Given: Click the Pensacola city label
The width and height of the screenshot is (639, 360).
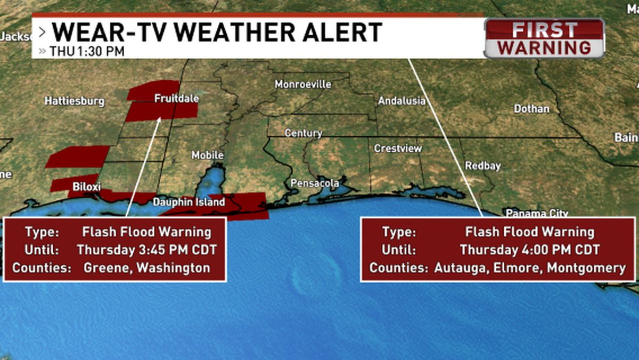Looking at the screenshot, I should tap(314, 183).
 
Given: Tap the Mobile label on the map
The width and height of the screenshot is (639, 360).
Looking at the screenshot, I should tap(207, 155).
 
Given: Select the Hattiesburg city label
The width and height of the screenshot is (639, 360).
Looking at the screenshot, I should tap(74, 101).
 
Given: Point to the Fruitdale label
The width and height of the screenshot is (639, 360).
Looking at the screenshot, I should tap(176, 99).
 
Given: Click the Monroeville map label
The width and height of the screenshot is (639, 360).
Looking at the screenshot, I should tap(302, 84).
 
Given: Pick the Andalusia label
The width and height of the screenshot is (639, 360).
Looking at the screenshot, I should tap(402, 101).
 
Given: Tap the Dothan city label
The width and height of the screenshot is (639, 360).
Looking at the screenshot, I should tap(531, 109).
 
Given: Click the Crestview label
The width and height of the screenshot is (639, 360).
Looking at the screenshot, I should tap(397, 149).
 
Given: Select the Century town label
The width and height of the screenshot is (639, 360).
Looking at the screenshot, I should tap(303, 133).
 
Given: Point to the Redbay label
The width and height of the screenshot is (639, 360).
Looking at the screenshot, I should tap(482, 166).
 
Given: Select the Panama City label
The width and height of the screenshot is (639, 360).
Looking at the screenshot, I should tap(536, 214).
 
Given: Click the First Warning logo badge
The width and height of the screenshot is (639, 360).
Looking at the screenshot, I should tap(544, 38).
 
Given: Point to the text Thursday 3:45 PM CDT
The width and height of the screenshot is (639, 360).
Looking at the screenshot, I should tap(146, 250).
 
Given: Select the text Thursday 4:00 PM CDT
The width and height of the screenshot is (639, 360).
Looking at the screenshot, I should tap(529, 250).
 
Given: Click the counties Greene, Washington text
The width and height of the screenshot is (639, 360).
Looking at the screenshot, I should tap(146, 268).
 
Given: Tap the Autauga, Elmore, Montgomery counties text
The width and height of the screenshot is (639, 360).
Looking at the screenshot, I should tap(529, 268).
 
